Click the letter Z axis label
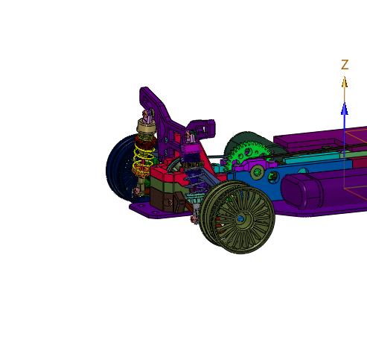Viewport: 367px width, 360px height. click(345, 65)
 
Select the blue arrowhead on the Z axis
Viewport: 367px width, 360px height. click(344, 109)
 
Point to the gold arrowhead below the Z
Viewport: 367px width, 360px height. click(344, 82)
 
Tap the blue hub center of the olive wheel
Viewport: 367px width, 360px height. click(240, 219)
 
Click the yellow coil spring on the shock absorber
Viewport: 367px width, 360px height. click(144, 160)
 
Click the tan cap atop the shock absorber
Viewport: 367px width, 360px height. click(146, 127)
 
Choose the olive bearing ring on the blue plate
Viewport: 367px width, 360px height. click(258, 172)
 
